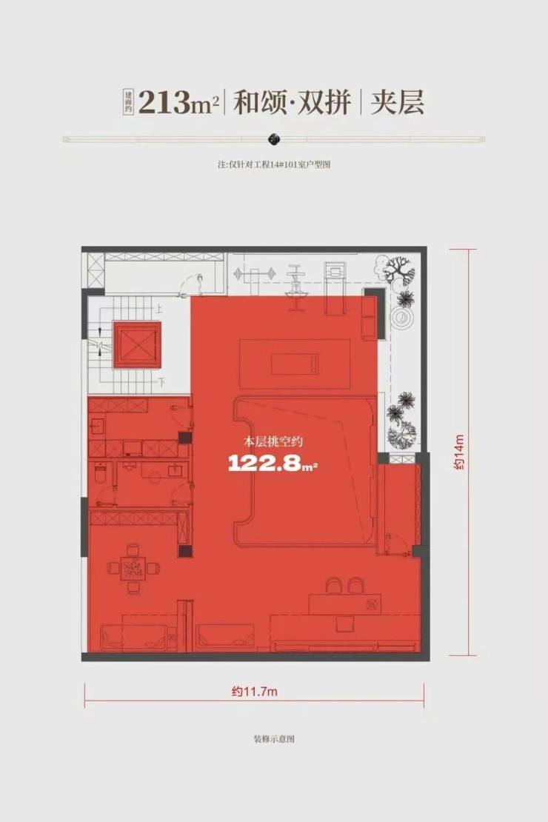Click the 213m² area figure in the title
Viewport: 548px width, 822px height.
tap(178, 101)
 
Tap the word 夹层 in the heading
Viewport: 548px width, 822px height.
tap(397, 101)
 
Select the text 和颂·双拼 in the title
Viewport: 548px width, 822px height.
tap(292, 101)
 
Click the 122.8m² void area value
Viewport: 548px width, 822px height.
tap(273, 463)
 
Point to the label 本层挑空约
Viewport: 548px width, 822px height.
tap(273, 441)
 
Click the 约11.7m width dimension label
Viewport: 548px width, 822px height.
tap(254, 692)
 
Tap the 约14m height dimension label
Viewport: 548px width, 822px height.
tap(459, 452)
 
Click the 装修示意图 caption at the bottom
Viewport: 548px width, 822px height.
tap(274, 738)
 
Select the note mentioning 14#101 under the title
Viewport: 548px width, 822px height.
tap(274, 164)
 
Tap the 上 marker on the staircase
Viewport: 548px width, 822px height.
tap(159, 310)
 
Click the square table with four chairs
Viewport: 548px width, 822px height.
tap(134, 568)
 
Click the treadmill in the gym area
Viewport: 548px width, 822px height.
tap(334, 287)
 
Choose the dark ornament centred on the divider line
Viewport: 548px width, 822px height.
tap(274, 139)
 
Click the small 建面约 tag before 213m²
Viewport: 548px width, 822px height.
tap(128, 101)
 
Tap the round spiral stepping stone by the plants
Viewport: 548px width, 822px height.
tap(401, 318)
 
